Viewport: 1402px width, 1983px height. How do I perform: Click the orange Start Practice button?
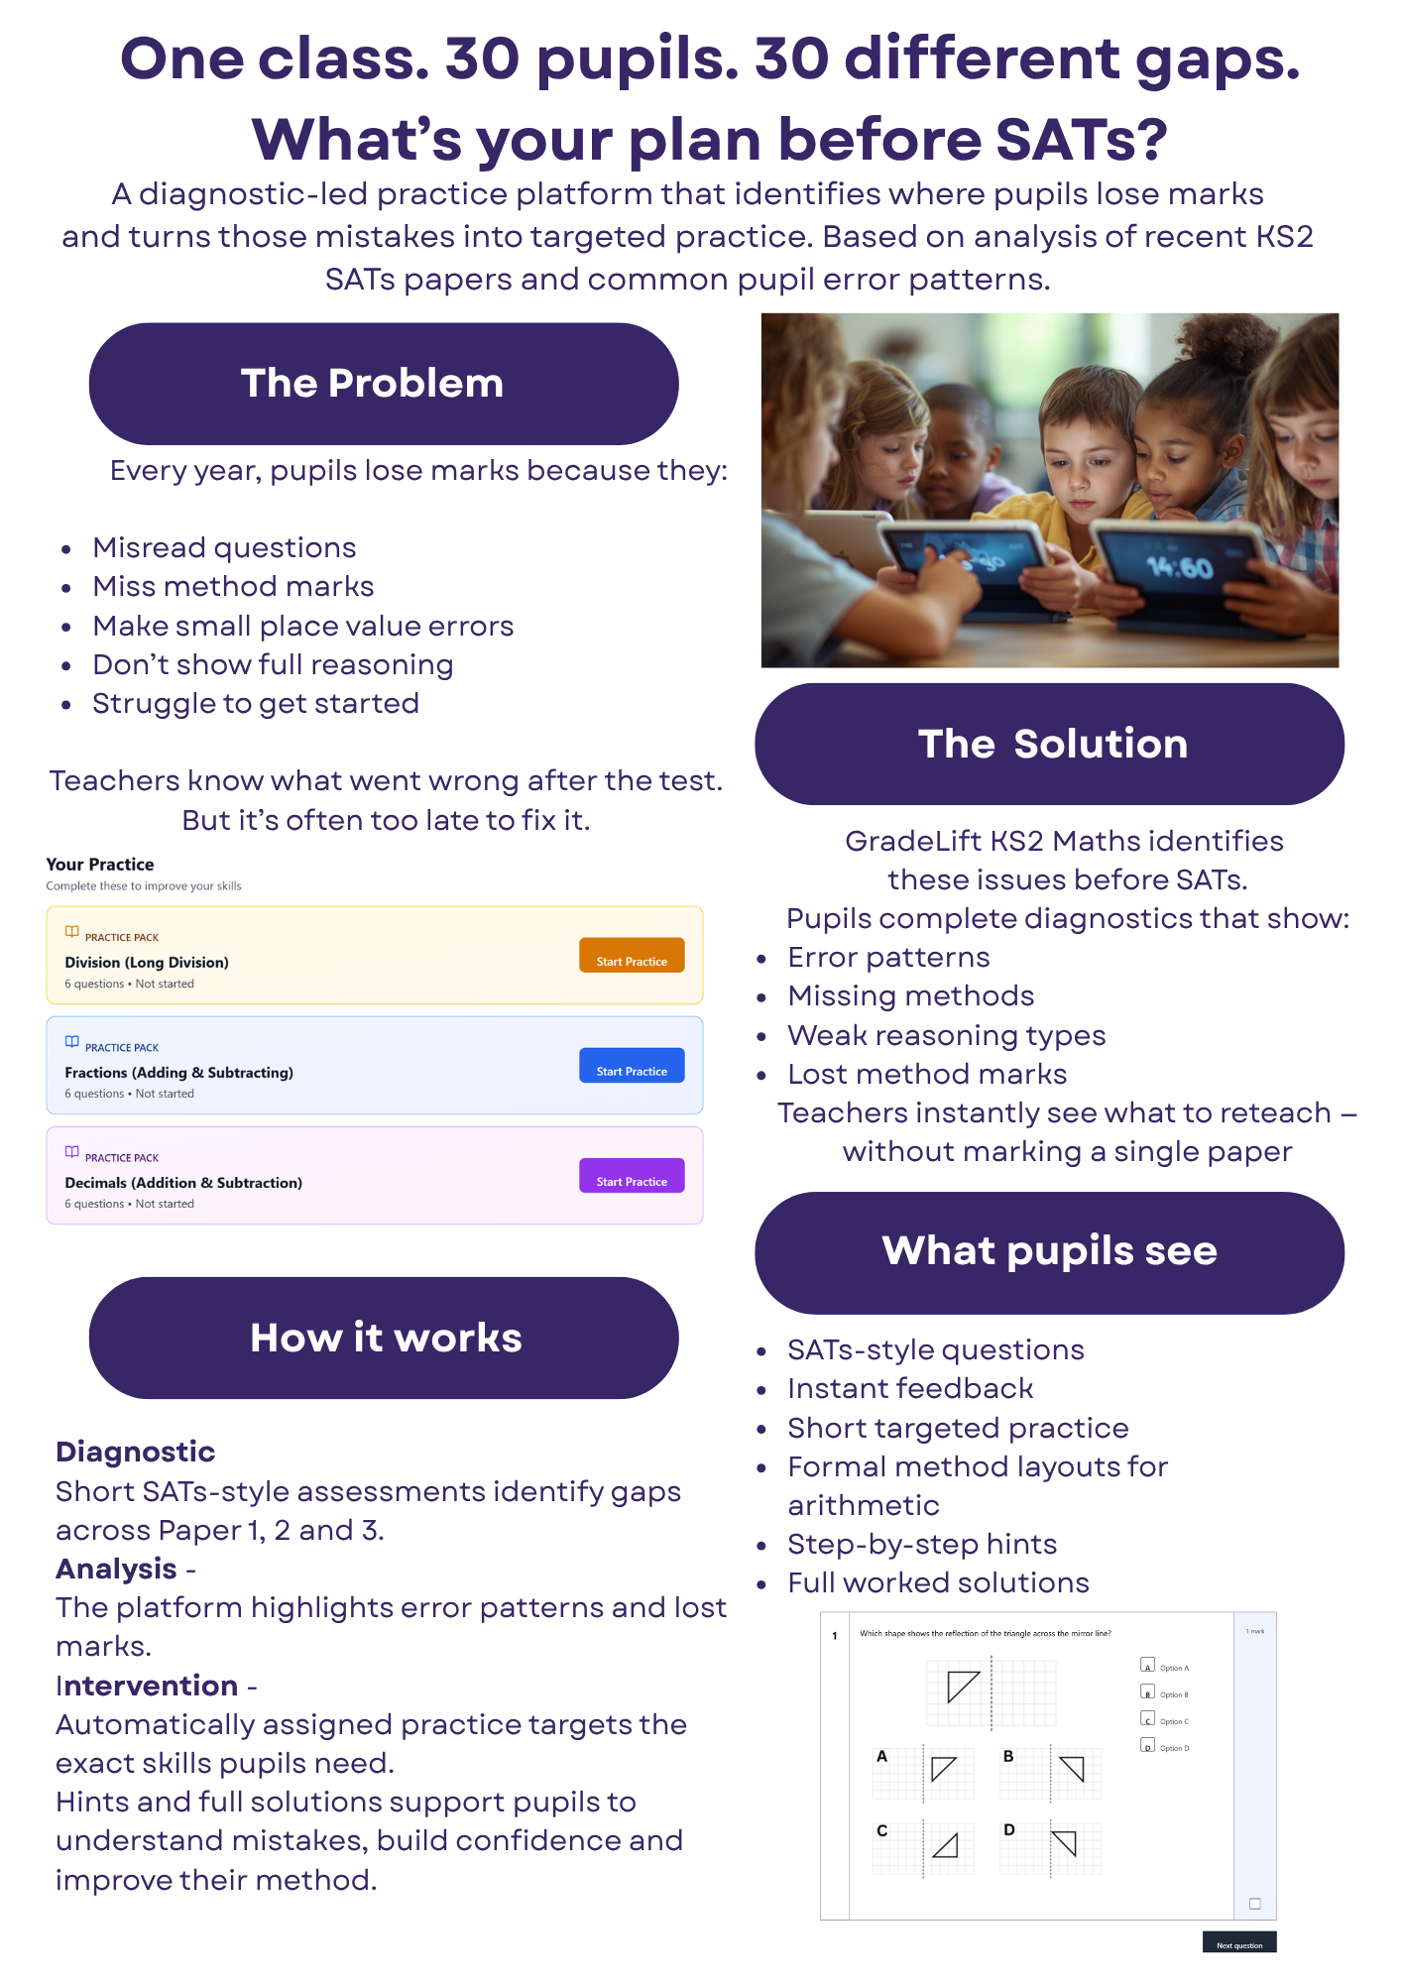pyautogui.click(x=632, y=956)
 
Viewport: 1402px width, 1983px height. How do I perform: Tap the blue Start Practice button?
pyautogui.click(x=632, y=1066)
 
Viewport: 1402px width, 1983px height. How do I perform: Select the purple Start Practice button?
pyautogui.click(x=632, y=1176)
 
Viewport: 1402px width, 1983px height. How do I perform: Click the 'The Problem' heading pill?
pyautogui.click(x=384, y=384)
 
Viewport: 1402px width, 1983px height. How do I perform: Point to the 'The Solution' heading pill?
pyautogui.click(x=1049, y=744)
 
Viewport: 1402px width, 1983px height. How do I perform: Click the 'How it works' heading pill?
pyautogui.click(x=384, y=1338)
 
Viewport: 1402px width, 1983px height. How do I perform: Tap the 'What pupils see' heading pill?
pyautogui.click(x=1049, y=1252)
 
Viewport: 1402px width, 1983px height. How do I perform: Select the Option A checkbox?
pyautogui.click(x=1148, y=1666)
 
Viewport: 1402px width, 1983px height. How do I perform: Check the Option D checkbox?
pyautogui.click(x=1148, y=1746)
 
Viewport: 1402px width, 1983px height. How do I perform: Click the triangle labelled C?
pyautogui.click(x=947, y=1845)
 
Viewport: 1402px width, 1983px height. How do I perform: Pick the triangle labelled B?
pyautogui.click(x=1073, y=1769)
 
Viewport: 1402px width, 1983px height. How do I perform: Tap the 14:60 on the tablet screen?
pyautogui.click(x=1180, y=568)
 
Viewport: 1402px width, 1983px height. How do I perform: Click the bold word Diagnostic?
pyautogui.click(x=136, y=1452)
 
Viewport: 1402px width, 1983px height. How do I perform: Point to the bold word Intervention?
pyautogui.click(x=147, y=1686)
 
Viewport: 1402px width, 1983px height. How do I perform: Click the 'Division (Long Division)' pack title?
pyautogui.click(x=147, y=963)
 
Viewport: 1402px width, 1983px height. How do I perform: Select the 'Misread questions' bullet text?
pyautogui.click(x=224, y=547)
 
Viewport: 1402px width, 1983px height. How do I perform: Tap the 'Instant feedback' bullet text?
pyautogui.click(x=910, y=1389)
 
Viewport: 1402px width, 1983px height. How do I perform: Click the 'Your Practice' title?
pyautogui.click(x=100, y=865)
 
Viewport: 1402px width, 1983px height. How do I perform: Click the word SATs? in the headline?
pyautogui.click(x=1081, y=139)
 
